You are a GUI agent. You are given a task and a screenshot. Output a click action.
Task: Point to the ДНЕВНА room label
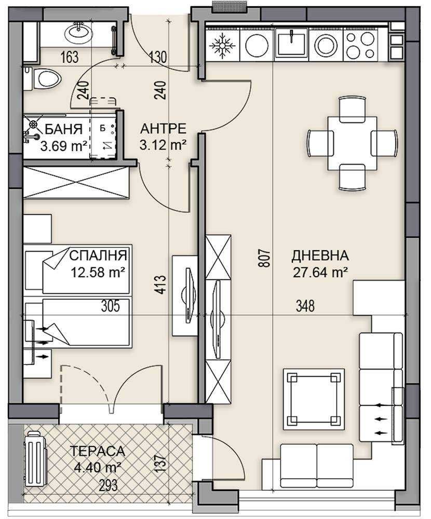[320, 255]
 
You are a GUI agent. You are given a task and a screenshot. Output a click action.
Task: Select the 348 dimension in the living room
[305, 306]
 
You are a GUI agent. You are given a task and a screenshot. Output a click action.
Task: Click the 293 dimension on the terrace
[107, 485]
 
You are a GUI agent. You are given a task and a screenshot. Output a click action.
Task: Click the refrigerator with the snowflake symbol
[222, 45]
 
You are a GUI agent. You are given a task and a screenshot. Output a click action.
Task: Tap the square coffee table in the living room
[314, 399]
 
